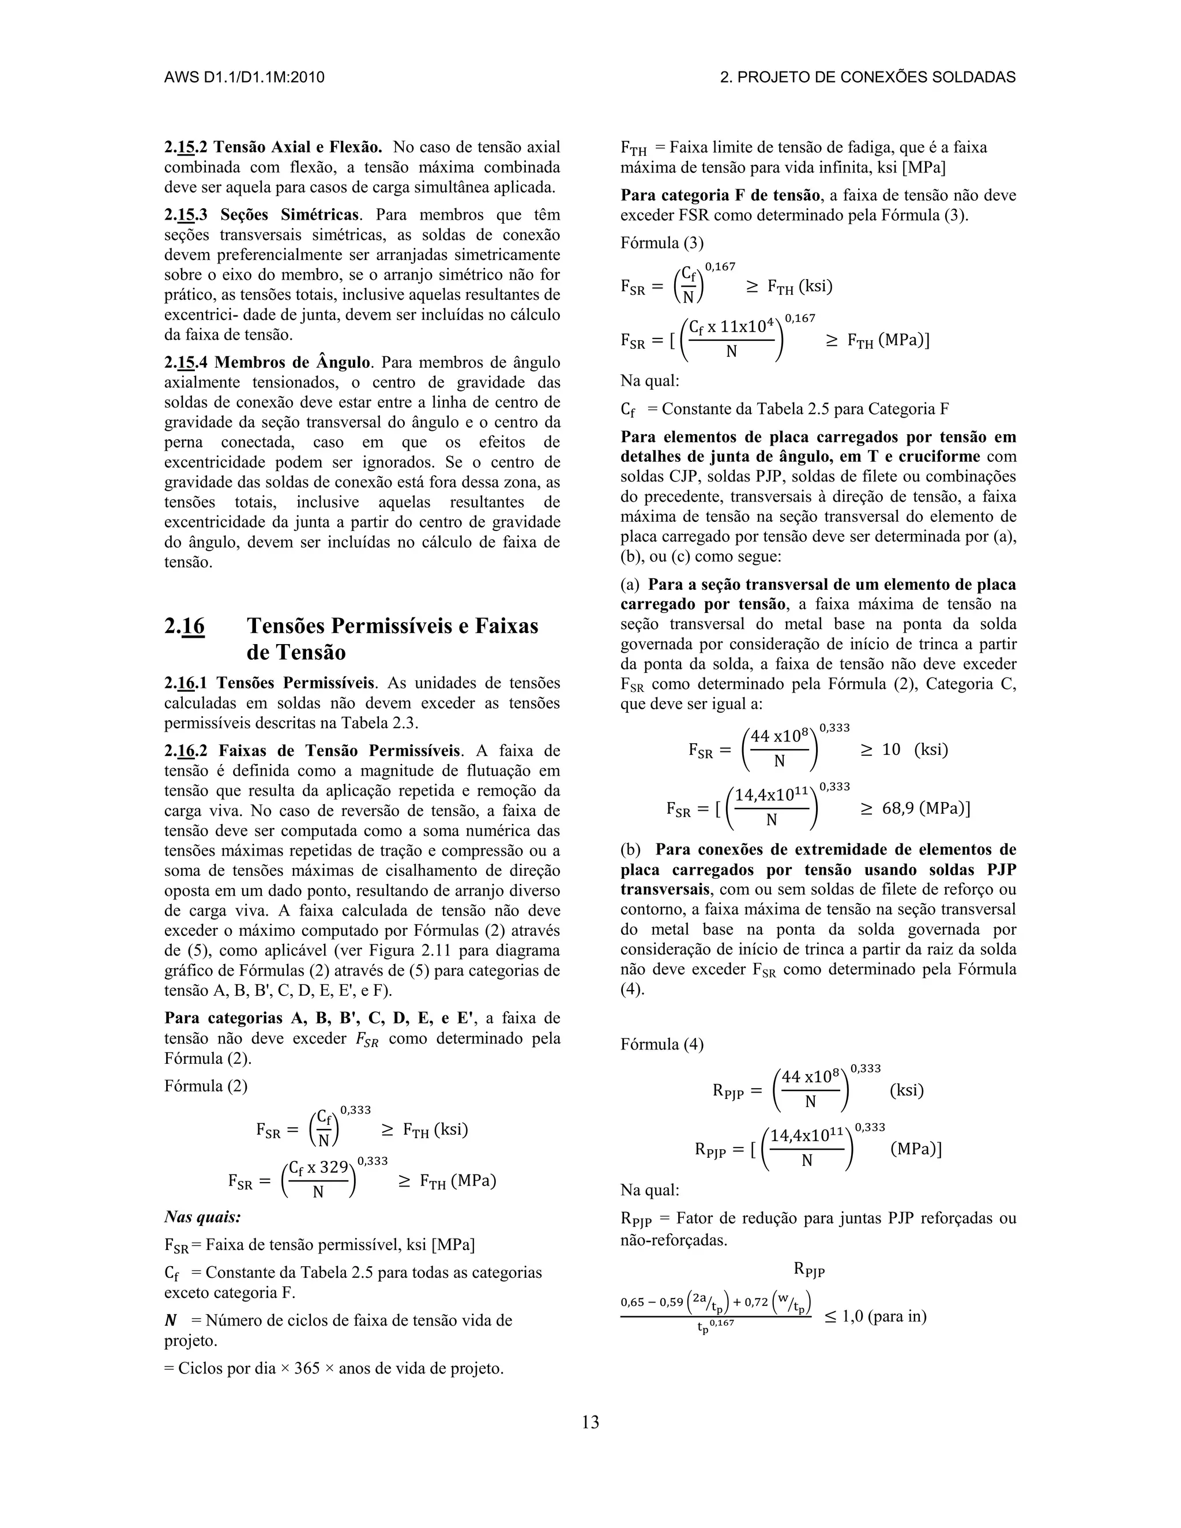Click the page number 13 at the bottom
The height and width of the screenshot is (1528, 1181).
pyautogui.click(x=590, y=1422)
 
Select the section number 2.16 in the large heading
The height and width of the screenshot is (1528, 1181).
pyautogui.click(x=185, y=626)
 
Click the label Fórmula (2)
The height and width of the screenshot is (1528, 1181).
pyautogui.click(x=206, y=1086)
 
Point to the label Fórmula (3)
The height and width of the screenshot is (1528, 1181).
pyautogui.click(x=662, y=243)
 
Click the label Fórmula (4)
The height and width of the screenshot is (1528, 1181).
pyautogui.click(x=662, y=1045)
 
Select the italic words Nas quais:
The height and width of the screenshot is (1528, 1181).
pyautogui.click(x=202, y=1217)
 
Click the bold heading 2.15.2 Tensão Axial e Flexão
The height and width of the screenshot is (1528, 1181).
pyautogui.click(x=273, y=148)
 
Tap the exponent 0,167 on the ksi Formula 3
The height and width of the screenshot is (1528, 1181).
pyautogui.click(x=720, y=266)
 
